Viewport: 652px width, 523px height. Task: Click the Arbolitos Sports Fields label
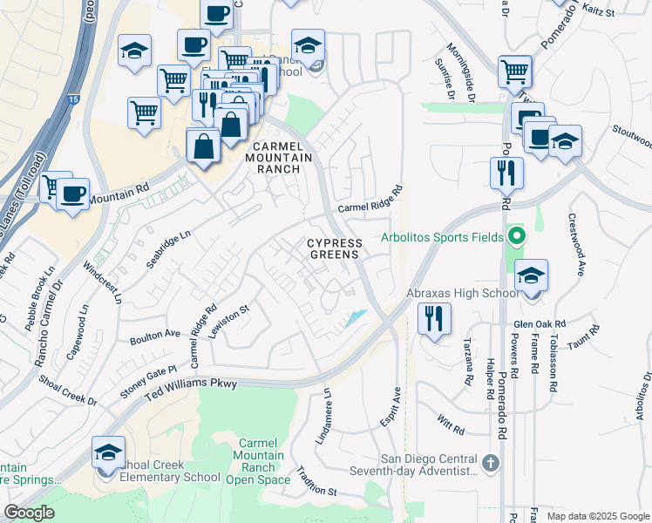[442, 237]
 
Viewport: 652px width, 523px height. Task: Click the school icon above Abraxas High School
[531, 276]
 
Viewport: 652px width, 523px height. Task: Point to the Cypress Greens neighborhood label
[332, 248]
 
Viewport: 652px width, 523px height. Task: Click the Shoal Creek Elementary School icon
[108, 453]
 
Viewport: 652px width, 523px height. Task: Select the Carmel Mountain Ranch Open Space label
[258, 462]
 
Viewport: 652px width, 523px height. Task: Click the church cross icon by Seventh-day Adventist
[491, 462]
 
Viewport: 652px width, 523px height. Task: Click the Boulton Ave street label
[154, 334]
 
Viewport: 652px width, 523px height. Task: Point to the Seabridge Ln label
[168, 250]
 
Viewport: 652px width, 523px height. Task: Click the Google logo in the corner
[29, 513]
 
